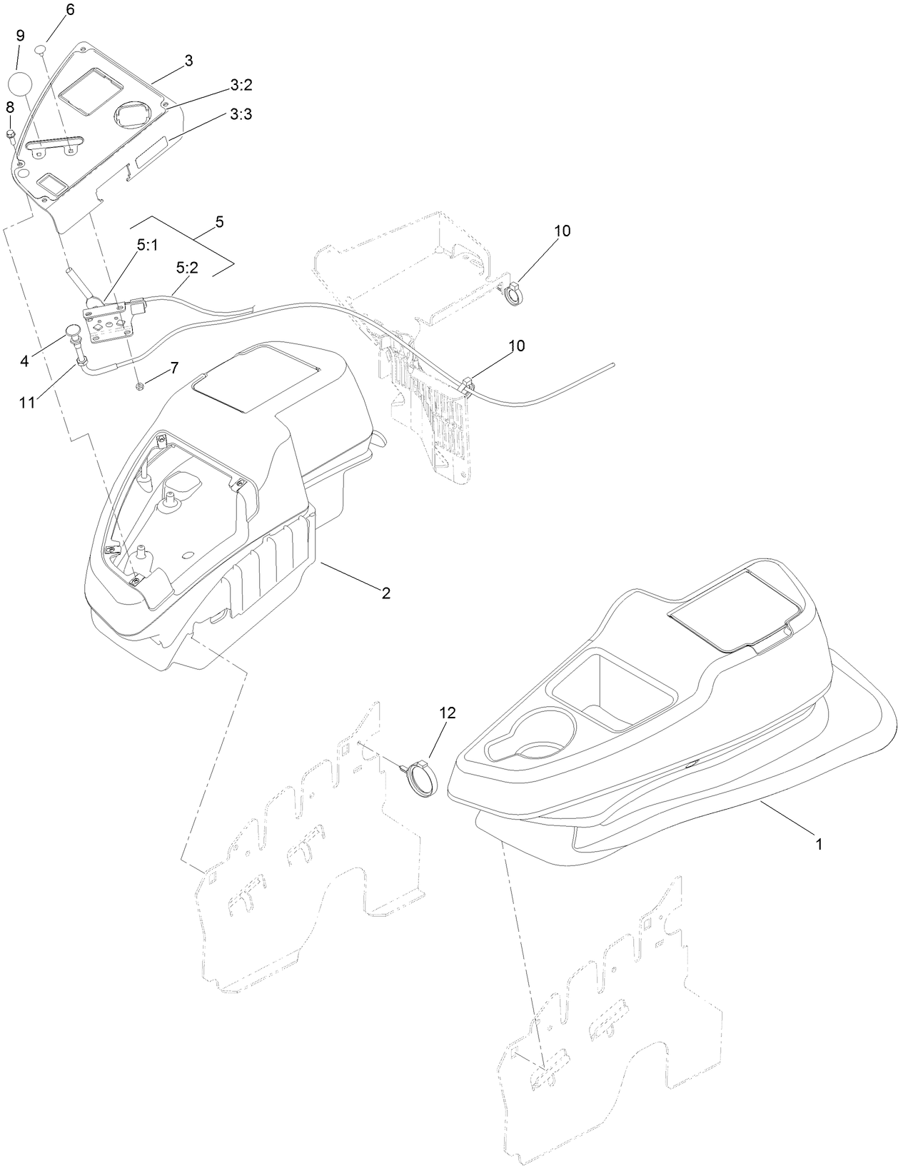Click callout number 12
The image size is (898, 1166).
[x=447, y=713]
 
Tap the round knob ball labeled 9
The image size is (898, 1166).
[x=23, y=83]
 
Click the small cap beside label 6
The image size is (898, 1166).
[x=41, y=48]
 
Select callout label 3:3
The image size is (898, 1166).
[x=241, y=114]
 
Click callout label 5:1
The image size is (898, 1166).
[x=148, y=244]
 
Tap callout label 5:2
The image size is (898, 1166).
[x=188, y=268]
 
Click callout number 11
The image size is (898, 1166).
[x=27, y=402]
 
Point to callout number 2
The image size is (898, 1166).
[x=385, y=593]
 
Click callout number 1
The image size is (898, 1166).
[x=819, y=843]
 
